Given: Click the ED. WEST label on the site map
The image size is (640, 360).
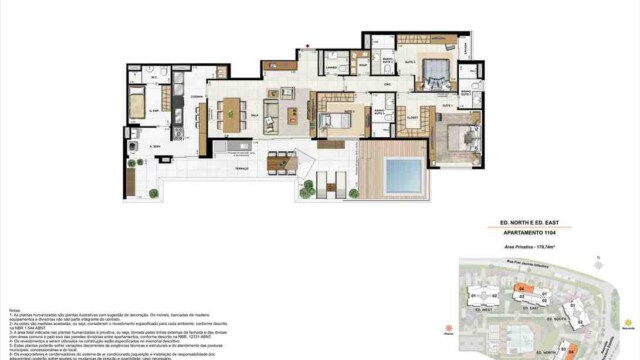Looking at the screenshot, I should [484, 309].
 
